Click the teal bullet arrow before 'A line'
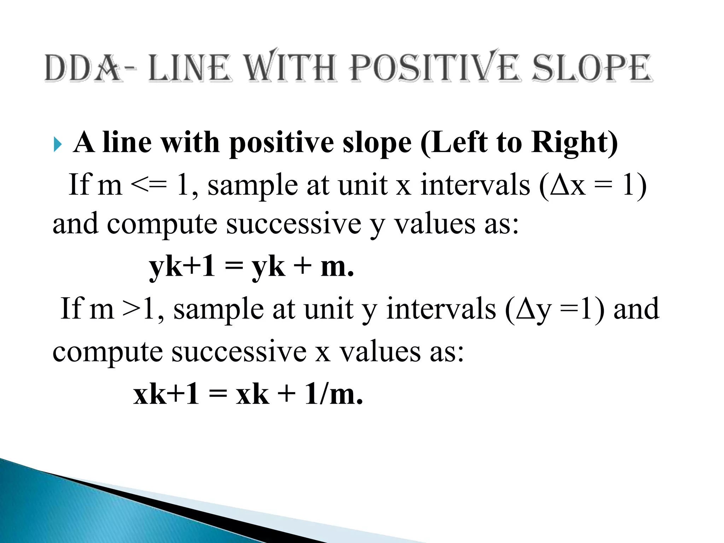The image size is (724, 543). [x=57, y=144]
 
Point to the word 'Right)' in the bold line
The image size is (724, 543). [x=574, y=143]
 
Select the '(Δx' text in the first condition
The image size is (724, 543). [x=562, y=186]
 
